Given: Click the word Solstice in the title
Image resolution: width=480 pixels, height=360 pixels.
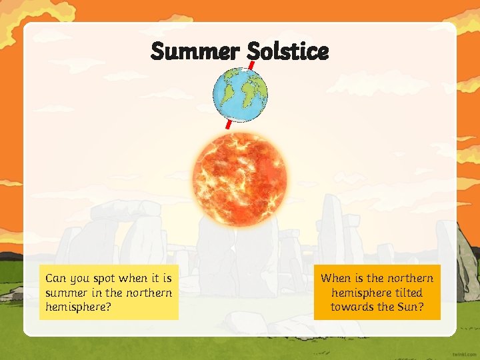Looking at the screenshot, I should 287,51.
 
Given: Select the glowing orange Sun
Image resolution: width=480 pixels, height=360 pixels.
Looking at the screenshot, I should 239,179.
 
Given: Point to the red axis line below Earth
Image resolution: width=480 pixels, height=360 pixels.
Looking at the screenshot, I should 229,125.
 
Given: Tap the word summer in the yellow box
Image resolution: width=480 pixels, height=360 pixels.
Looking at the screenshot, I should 67,293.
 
